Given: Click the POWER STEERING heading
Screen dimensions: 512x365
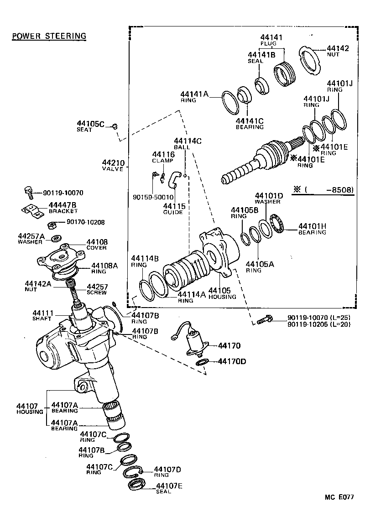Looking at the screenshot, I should pyautogui.click(x=49, y=36).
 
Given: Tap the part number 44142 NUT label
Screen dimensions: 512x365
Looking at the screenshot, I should pyautogui.click(x=338, y=50).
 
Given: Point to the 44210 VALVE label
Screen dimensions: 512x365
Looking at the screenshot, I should pyautogui.click(x=113, y=165).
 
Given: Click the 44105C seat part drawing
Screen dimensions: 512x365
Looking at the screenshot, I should pyautogui.click(x=115, y=125).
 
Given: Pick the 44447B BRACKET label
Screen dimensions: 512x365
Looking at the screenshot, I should pyautogui.click(x=63, y=208).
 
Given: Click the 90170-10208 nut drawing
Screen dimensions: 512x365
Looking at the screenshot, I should pyautogui.click(x=52, y=225).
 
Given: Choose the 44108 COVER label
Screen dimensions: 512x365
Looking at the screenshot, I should pyautogui.click(x=97, y=244).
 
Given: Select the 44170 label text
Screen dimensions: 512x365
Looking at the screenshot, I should pyautogui.click(x=229, y=346).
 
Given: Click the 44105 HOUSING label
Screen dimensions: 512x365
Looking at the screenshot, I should pyautogui.click(x=222, y=293).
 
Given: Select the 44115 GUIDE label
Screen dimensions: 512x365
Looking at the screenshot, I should pyautogui.click(x=174, y=209).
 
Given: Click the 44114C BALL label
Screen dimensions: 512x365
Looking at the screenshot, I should pyautogui.click(x=187, y=144).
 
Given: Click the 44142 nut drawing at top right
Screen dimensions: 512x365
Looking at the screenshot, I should pyautogui.click(x=311, y=59).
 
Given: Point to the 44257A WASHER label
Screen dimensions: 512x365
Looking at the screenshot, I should pyautogui.click(x=31, y=238).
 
